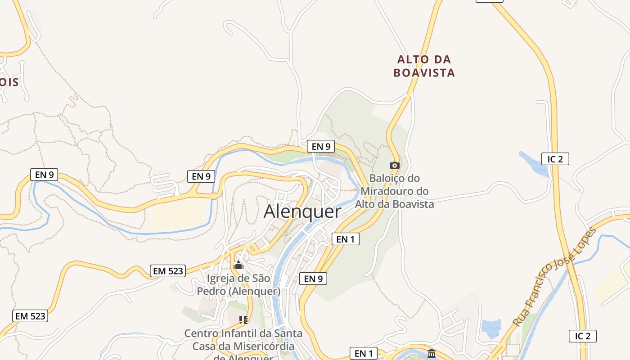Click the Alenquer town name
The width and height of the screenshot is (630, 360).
(x=302, y=211)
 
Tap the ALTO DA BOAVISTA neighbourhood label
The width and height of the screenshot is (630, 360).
(x=424, y=66)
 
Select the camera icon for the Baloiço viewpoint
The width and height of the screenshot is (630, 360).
(x=394, y=165)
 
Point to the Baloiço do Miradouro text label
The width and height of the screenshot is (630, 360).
(x=395, y=191)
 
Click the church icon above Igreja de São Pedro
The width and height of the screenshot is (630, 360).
(x=238, y=265)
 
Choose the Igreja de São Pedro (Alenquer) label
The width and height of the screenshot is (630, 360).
(x=238, y=285)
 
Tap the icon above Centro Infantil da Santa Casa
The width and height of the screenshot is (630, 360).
(x=243, y=320)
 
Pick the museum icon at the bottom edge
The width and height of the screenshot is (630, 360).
(x=432, y=353)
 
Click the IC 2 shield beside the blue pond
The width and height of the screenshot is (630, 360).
(x=555, y=159)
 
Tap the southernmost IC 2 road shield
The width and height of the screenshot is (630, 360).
(x=583, y=336)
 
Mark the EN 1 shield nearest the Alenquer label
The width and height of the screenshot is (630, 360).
(x=346, y=239)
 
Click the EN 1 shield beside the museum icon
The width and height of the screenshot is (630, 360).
(x=364, y=354)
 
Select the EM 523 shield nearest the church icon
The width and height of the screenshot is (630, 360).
(x=168, y=271)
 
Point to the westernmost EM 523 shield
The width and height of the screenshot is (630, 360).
(x=30, y=316)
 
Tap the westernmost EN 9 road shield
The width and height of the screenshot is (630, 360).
(x=44, y=175)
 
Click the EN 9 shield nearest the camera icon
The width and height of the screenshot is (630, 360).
(x=320, y=146)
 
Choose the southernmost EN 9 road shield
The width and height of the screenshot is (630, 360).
(x=313, y=279)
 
